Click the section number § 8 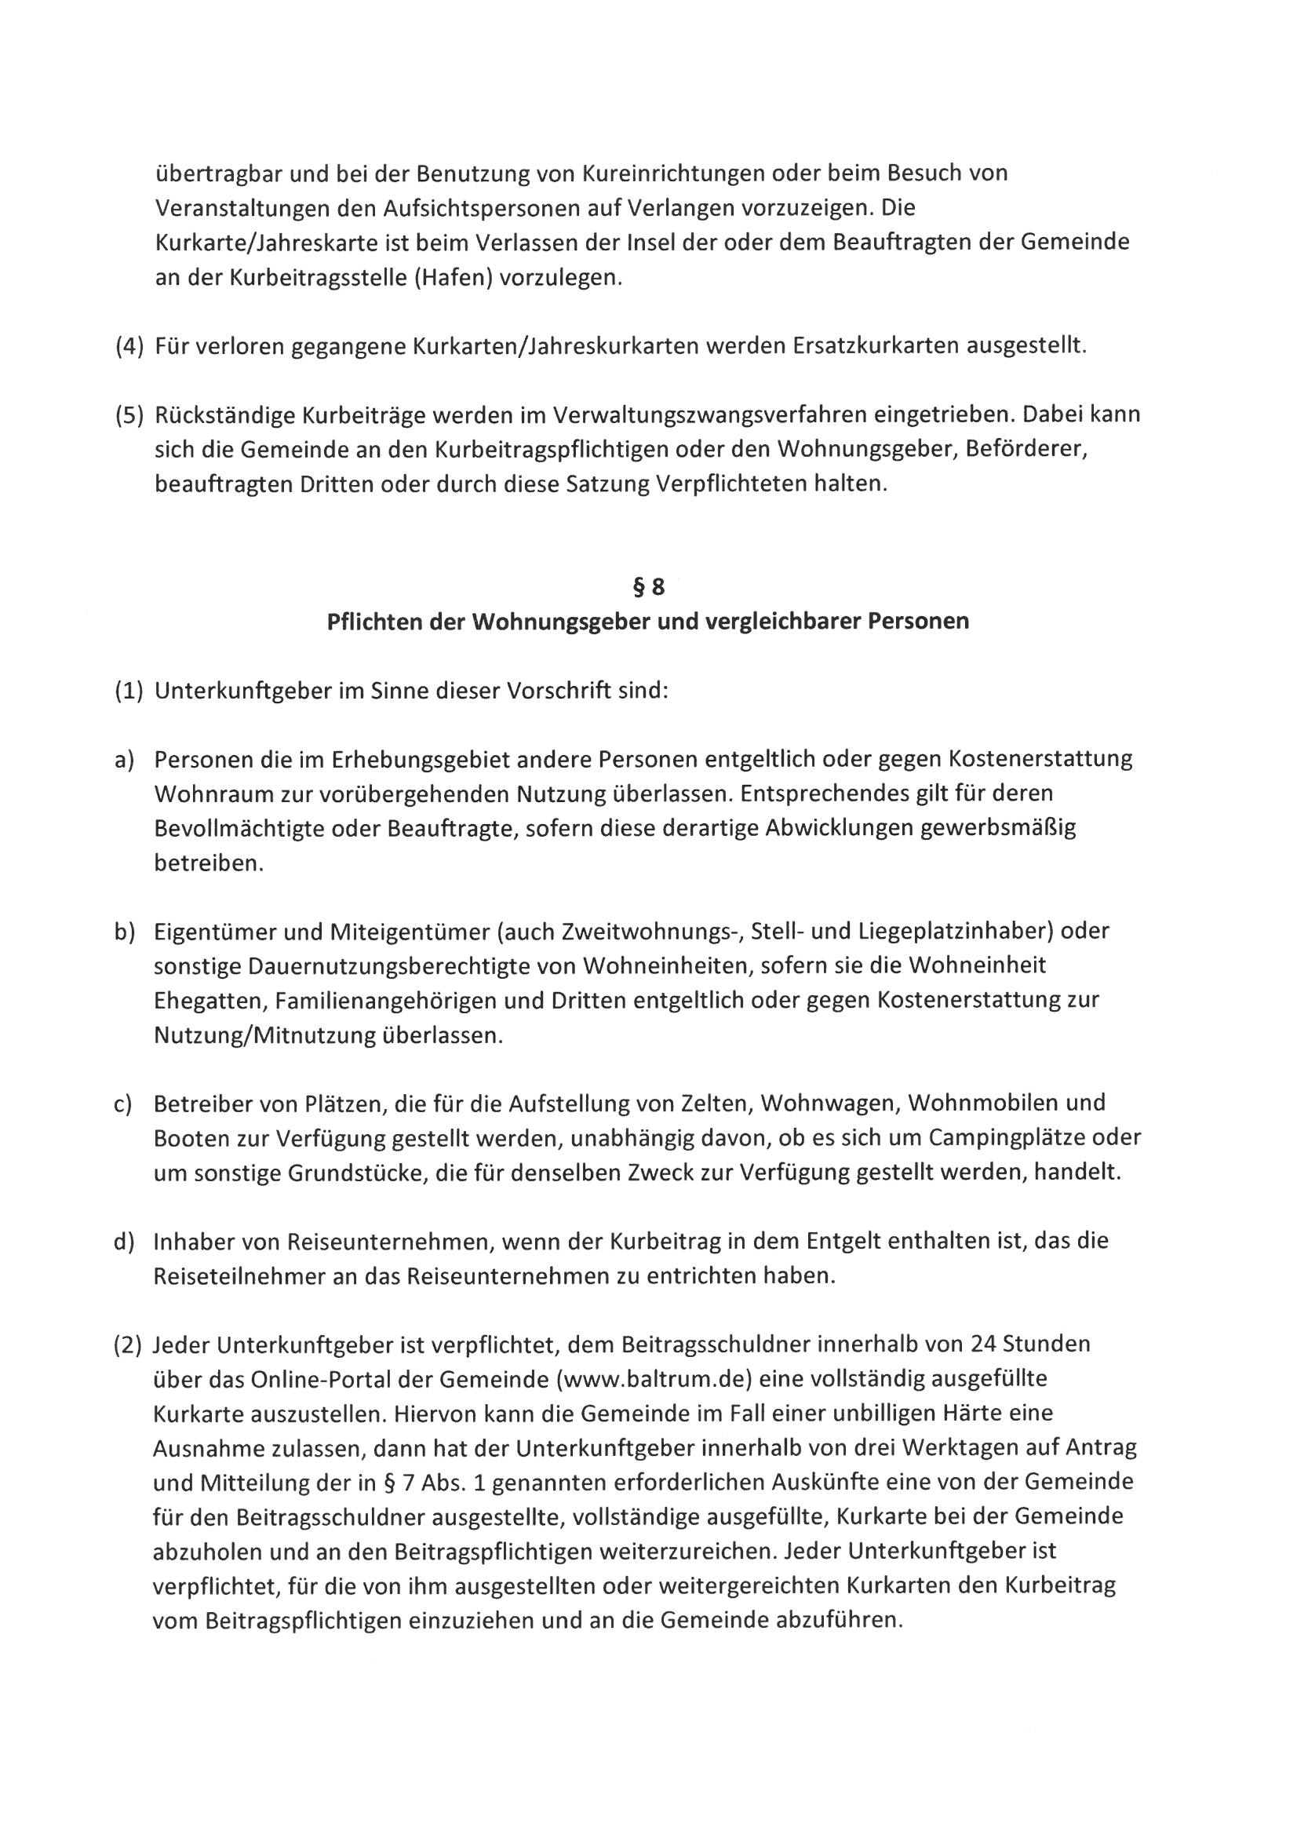click(x=648, y=587)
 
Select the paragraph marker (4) click(x=129, y=347)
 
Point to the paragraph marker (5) click(x=129, y=414)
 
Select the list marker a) click(x=124, y=759)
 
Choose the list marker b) click(x=124, y=932)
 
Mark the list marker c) click(x=124, y=1104)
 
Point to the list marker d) click(x=124, y=1241)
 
